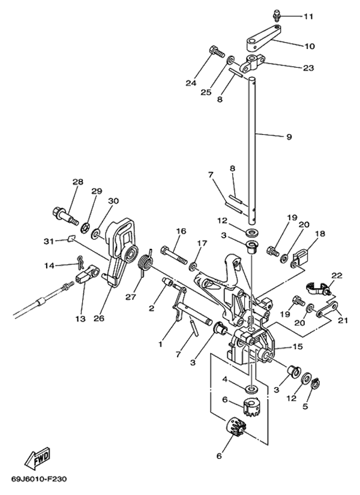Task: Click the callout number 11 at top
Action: click(x=308, y=16)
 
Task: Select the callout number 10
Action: click(x=310, y=46)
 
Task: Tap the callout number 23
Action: click(x=308, y=68)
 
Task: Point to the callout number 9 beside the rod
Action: click(x=289, y=137)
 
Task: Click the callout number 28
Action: click(x=77, y=182)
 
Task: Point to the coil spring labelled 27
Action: click(x=145, y=265)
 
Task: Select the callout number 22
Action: click(x=337, y=275)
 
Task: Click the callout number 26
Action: click(x=99, y=318)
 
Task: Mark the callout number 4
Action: click(x=224, y=379)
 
